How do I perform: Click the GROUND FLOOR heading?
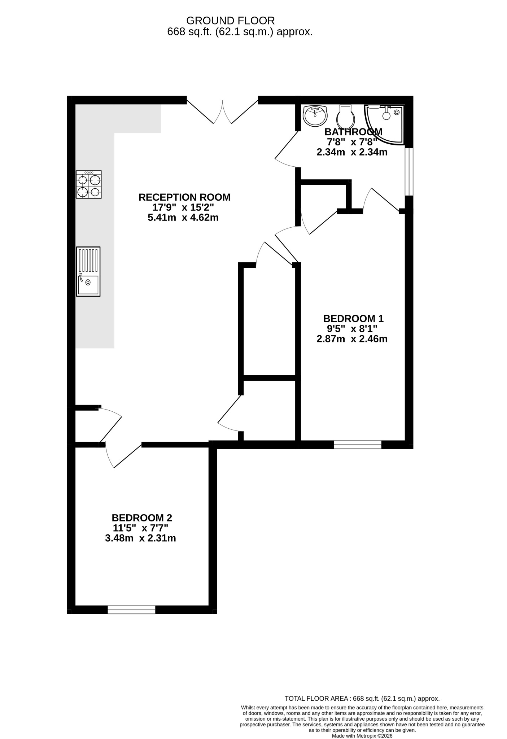(231, 20)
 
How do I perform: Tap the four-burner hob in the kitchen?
(88, 184)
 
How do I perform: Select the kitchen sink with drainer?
(88, 272)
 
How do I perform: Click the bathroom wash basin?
(315, 116)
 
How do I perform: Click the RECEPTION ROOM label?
(184, 197)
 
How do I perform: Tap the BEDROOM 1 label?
(353, 319)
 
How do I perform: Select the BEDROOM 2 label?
(142, 518)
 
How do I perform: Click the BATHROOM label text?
(353, 132)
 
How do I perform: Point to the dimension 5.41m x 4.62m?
(183, 218)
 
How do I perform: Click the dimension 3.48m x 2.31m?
(140, 538)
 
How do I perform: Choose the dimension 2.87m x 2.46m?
(352, 339)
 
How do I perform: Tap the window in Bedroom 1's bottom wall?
(357, 445)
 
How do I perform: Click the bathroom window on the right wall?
(408, 171)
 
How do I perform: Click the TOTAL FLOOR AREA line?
(362, 699)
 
